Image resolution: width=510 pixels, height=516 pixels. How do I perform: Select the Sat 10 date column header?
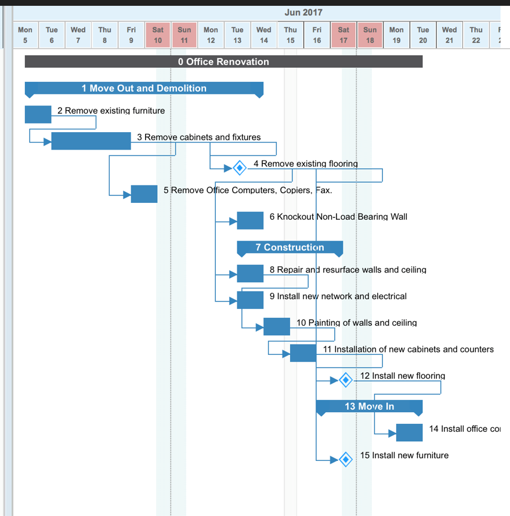[158, 35]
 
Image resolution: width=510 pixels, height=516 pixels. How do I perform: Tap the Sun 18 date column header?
[370, 35]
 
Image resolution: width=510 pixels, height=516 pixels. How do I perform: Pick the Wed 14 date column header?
[263, 35]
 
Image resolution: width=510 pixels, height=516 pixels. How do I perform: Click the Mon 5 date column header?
[25, 35]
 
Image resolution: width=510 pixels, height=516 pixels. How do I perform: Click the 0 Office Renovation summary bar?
[223, 61]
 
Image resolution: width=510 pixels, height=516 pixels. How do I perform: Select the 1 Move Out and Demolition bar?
[144, 88]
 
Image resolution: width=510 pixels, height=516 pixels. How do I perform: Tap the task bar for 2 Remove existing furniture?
[38, 114]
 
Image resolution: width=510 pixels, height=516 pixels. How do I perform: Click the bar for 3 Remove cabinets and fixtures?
[91, 141]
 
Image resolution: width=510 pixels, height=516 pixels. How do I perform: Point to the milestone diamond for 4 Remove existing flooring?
[239, 168]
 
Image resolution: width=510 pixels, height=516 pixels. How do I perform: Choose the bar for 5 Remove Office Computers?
[144, 194]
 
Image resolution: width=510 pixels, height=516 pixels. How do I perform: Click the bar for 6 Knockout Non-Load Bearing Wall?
[250, 220]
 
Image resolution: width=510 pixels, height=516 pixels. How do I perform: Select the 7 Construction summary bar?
[290, 248]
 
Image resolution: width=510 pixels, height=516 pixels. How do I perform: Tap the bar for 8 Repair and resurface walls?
[250, 273]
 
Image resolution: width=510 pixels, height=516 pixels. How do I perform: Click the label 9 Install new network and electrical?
[338, 296]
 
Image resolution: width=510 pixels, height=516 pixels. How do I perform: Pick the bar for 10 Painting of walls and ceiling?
[277, 326]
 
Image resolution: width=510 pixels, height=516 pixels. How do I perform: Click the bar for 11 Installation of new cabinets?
[303, 353]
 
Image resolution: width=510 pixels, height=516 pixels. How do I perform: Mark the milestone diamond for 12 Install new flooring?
[346, 380]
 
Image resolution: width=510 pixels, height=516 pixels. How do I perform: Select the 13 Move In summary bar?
[369, 406]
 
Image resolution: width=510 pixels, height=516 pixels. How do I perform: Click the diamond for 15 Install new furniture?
[346, 459]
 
